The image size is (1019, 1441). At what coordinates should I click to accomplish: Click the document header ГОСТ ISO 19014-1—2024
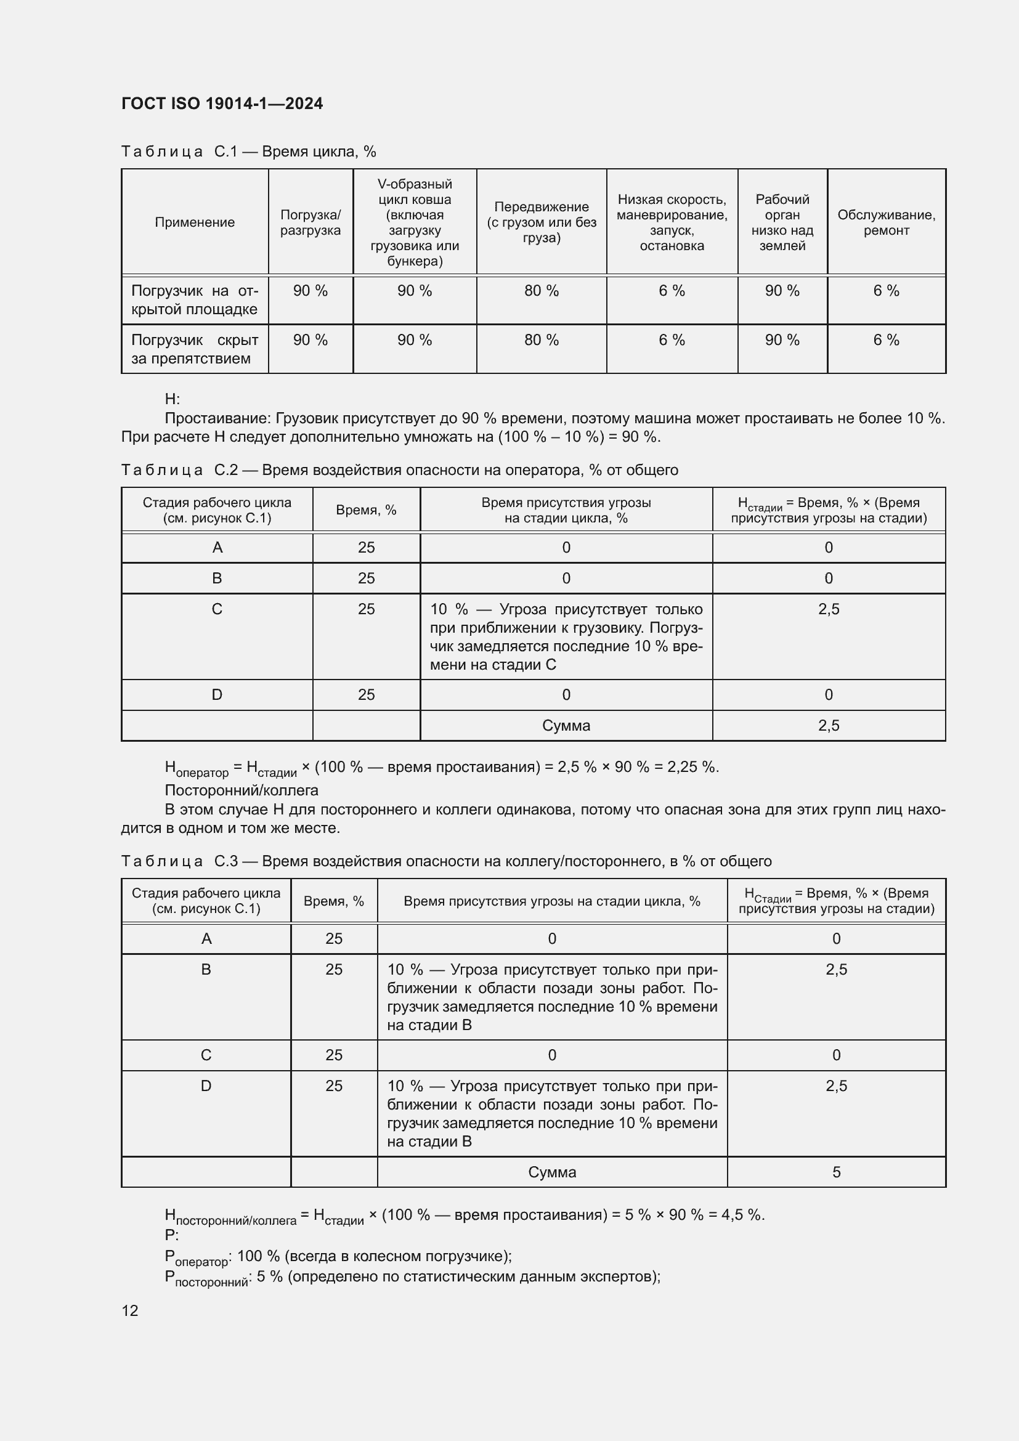point(222,104)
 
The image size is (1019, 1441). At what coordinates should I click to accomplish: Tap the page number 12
point(130,1310)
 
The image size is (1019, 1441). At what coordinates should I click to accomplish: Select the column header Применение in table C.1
point(195,222)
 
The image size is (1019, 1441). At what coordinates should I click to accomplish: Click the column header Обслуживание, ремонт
point(886,222)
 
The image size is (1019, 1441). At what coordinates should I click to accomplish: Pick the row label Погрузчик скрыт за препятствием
point(195,349)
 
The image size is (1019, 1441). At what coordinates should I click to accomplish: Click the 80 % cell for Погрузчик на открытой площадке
point(541,291)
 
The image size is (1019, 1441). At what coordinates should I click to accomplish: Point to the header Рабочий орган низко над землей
point(782,222)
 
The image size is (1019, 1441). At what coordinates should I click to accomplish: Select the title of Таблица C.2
point(399,470)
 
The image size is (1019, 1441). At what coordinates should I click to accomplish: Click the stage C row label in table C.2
point(217,609)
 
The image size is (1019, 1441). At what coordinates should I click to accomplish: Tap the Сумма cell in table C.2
point(566,726)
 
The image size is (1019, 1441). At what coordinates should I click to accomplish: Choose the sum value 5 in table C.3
point(836,1172)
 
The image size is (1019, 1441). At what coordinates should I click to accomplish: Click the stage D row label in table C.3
point(206,1086)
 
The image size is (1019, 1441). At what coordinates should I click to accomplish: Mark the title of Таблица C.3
point(445,861)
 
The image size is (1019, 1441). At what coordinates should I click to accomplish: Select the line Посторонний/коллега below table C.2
point(242,790)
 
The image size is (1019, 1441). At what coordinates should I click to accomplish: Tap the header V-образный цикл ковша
point(414,222)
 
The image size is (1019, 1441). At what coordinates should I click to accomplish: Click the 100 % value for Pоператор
point(258,1256)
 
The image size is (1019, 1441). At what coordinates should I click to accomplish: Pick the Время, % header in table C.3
point(334,901)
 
